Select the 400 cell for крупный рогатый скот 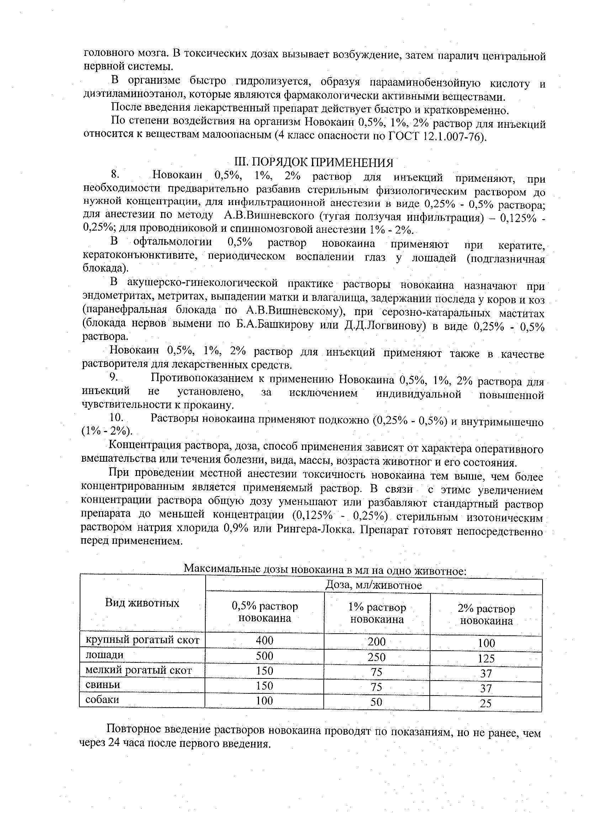tap(264, 640)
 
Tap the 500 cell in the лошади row tap(264, 656)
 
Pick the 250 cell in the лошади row tap(377, 657)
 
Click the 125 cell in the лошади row tap(486, 658)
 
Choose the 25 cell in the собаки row tap(486, 703)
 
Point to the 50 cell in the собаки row tap(377, 702)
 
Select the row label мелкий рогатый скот tap(139, 670)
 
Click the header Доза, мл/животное tap(374, 586)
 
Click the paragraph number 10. tap(116, 417)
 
